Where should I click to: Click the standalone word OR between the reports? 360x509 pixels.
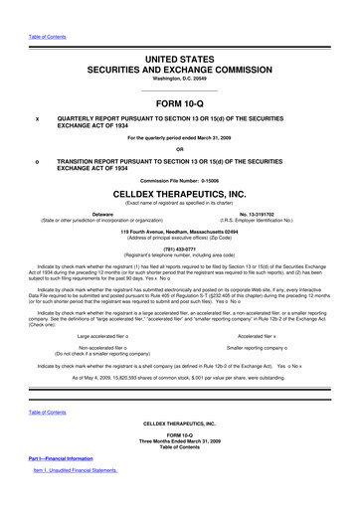(x=180, y=151)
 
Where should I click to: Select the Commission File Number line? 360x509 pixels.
(x=180, y=181)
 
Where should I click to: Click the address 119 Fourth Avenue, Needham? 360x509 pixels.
(x=180, y=232)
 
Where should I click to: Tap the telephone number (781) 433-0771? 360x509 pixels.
(x=180, y=249)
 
